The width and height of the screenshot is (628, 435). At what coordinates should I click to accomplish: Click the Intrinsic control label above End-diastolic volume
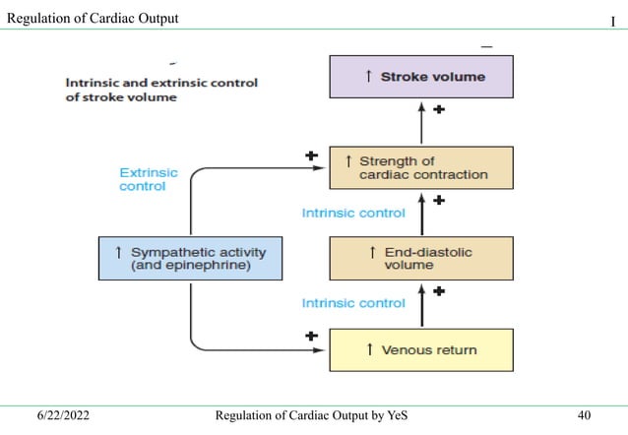pos(353,213)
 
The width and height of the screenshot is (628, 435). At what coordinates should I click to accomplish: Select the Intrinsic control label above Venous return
pos(353,303)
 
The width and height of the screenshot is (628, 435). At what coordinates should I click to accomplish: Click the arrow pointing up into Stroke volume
pos(421,124)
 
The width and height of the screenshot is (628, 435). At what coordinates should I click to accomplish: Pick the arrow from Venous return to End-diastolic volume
pos(421,304)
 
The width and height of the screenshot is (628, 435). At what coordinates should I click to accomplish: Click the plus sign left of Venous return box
pos(312,336)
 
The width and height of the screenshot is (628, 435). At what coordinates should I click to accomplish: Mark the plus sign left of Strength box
pos(312,155)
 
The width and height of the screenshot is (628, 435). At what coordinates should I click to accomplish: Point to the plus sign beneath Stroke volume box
pos(438,111)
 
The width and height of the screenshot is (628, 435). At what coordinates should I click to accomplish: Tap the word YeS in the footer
pos(394,417)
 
